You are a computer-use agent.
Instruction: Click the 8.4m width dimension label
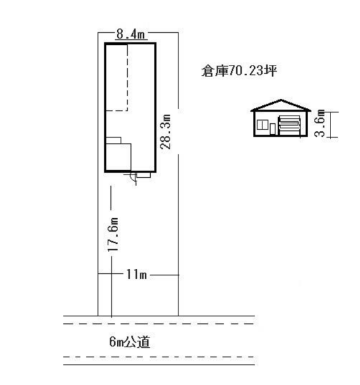point(131,34)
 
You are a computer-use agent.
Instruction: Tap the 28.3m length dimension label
point(166,132)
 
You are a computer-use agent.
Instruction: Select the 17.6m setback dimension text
point(113,234)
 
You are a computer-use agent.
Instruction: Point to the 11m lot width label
point(137,274)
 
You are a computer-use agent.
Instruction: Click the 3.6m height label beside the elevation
point(320,123)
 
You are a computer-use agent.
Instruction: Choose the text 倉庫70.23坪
point(239,71)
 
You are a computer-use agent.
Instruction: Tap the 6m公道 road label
point(130,342)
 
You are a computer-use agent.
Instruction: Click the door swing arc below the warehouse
point(134,178)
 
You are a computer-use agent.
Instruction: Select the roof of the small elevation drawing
point(281,106)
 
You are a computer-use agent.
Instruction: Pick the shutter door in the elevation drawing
point(289,126)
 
